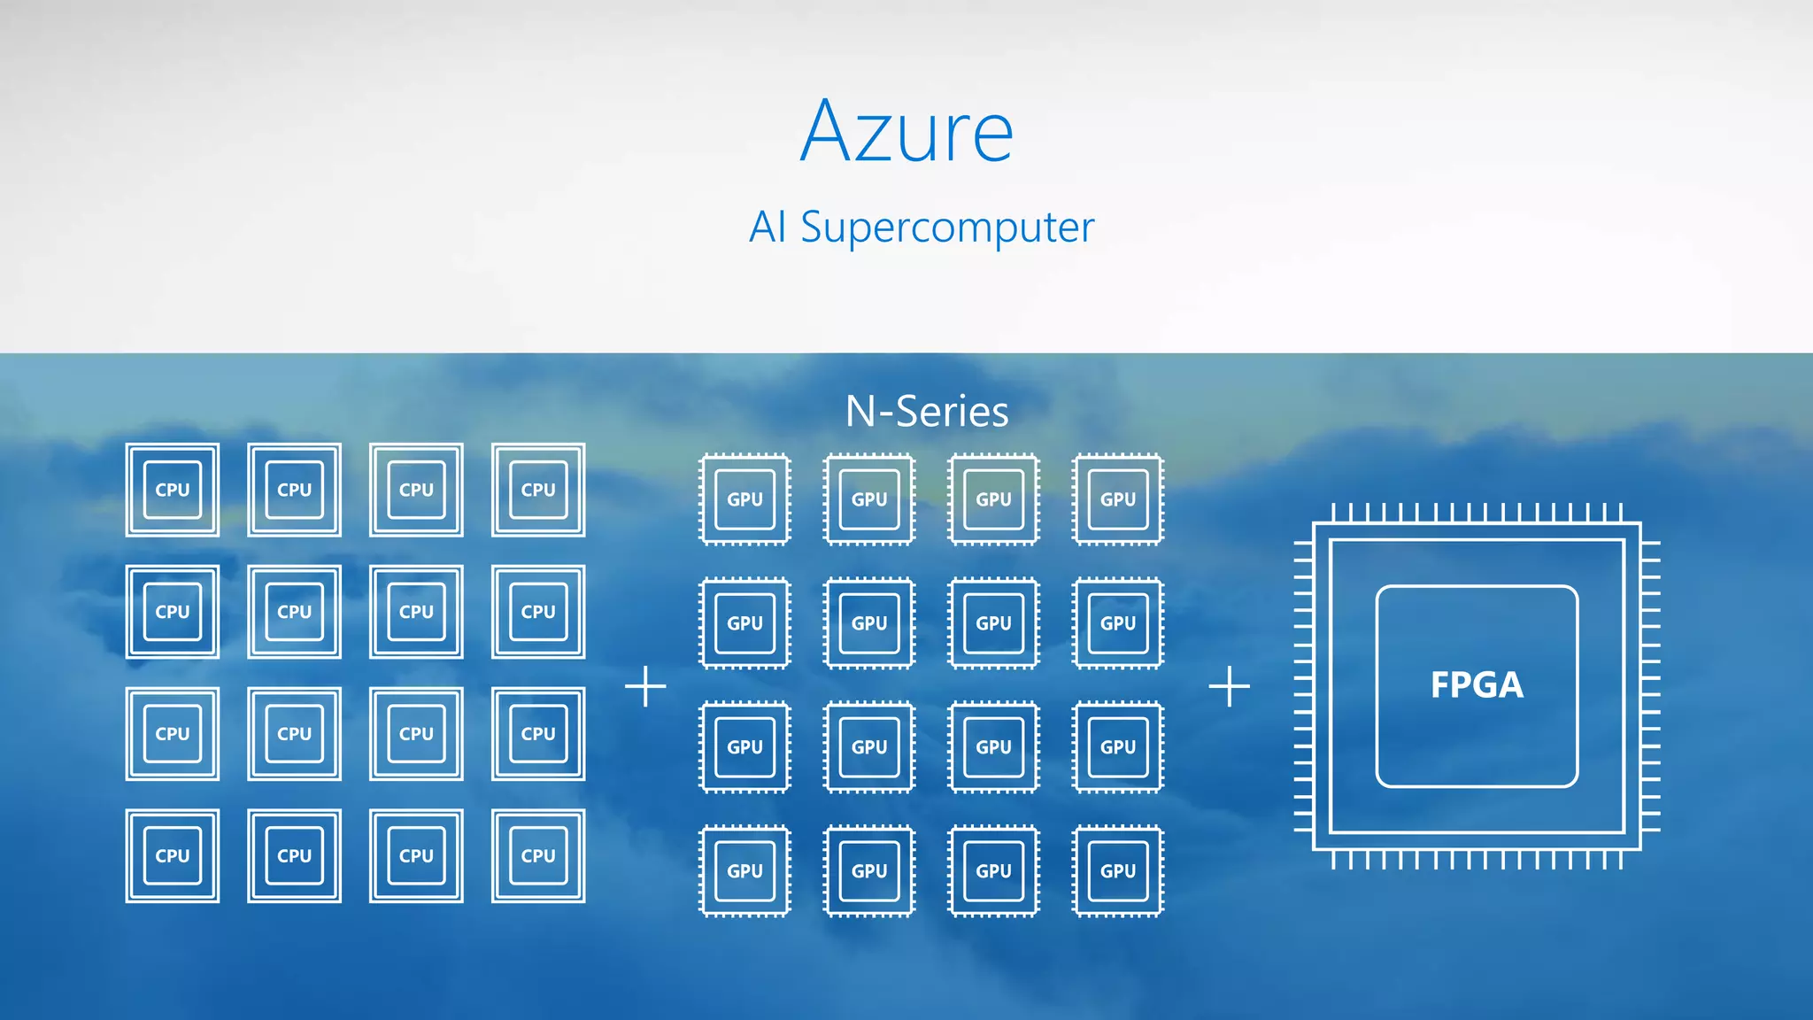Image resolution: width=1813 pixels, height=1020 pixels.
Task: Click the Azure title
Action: (x=906, y=133)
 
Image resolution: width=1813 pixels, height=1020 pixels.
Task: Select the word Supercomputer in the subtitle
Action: (x=947, y=228)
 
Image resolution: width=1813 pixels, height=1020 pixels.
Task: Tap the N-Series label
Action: (x=927, y=412)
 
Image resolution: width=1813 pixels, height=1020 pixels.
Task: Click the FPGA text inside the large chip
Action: (x=1477, y=685)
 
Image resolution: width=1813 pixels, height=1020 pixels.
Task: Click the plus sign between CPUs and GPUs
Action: (x=645, y=686)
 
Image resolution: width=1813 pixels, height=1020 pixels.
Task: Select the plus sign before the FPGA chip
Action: (x=1229, y=686)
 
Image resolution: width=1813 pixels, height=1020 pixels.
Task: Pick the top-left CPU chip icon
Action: (x=173, y=490)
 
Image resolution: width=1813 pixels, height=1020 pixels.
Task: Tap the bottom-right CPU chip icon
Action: (x=538, y=855)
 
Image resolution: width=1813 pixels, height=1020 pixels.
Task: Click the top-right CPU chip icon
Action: (x=538, y=490)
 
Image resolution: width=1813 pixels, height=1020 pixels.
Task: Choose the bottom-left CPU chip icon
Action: (x=173, y=855)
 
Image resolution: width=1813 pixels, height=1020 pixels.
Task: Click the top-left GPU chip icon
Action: (x=744, y=499)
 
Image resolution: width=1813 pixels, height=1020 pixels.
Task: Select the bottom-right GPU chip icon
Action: (x=1118, y=870)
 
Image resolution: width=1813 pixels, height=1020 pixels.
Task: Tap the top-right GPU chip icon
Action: (x=1118, y=499)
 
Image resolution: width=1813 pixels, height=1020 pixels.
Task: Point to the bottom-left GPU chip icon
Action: (x=744, y=870)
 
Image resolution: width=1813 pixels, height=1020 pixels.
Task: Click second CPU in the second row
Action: (x=295, y=612)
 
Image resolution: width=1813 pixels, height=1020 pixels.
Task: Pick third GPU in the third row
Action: (x=993, y=746)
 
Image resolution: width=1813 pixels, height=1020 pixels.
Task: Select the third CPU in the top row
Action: (x=416, y=490)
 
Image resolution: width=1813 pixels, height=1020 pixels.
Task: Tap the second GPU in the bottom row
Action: (x=869, y=870)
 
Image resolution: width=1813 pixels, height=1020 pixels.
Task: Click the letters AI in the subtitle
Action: (x=768, y=228)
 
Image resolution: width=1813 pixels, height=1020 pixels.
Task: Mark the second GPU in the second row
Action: (x=869, y=623)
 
